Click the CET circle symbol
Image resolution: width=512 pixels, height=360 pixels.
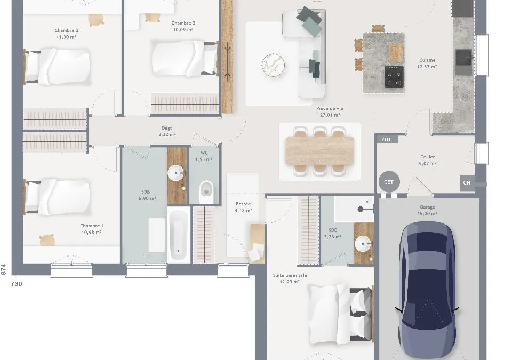[389, 182]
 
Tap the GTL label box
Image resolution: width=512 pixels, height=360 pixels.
[387, 140]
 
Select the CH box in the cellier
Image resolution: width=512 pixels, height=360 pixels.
[467, 182]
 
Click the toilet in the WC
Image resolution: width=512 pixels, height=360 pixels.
[206, 192]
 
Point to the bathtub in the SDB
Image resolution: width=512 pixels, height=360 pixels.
[179, 235]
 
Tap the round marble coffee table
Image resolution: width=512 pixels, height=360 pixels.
[273, 65]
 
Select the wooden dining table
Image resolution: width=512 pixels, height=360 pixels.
[320, 150]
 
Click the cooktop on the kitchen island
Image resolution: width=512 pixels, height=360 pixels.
[394, 77]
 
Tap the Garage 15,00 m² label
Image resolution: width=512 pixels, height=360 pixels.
[427, 210]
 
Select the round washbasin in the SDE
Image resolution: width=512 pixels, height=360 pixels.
[363, 244]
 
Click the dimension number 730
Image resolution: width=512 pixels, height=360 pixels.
[17, 284]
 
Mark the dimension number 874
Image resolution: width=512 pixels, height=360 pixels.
[3, 269]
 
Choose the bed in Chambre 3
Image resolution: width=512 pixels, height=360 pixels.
[185, 59]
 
